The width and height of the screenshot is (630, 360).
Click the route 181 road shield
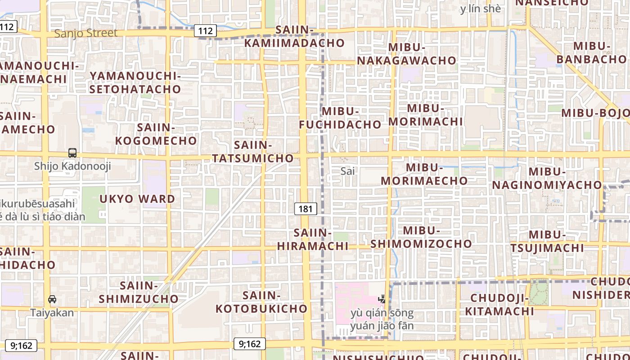[x=306, y=209]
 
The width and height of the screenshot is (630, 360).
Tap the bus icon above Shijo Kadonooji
[x=72, y=153]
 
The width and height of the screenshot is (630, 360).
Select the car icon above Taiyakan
[x=52, y=299]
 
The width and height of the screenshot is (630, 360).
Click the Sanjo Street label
[x=85, y=33]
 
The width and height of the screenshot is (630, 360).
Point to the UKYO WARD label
[x=137, y=199]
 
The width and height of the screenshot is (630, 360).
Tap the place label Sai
[x=347, y=171]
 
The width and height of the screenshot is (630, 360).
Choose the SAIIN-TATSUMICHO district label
[x=253, y=152]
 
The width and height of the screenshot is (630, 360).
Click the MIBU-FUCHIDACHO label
[x=340, y=118]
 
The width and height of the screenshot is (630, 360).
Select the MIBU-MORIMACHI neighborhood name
[x=425, y=115]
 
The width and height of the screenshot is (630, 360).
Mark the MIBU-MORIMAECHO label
[x=424, y=174]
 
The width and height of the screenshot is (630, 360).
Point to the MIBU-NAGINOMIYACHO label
[x=547, y=178]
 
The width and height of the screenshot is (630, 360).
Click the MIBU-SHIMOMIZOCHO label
[x=421, y=237]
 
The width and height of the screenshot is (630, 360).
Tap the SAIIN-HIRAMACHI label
[x=313, y=239]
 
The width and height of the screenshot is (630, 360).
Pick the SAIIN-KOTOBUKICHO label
[x=261, y=302]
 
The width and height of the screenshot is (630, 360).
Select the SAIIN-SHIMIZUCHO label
[x=139, y=292]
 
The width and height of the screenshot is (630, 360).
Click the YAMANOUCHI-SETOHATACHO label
[x=135, y=82]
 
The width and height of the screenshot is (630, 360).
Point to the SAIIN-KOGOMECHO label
[x=156, y=134]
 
